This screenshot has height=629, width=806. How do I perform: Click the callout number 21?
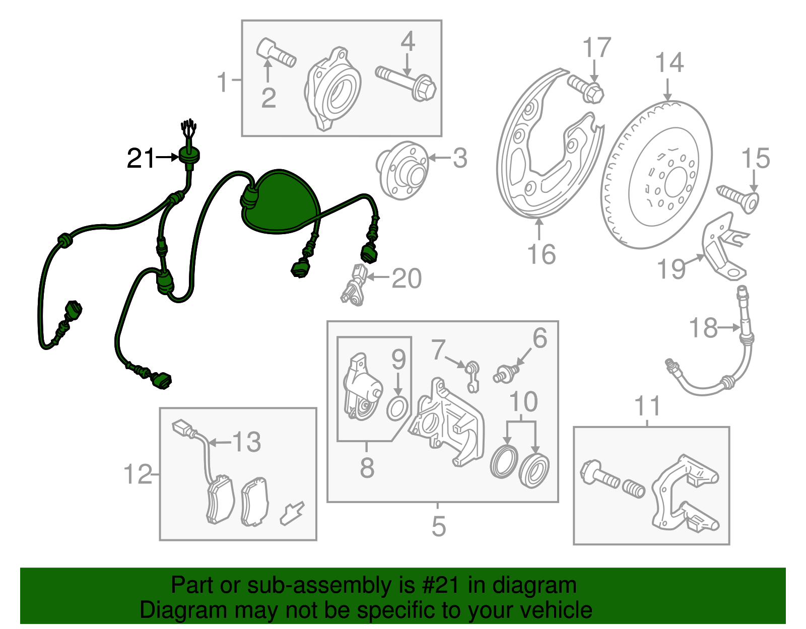coord(140,159)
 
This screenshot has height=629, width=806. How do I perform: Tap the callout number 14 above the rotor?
coord(669,62)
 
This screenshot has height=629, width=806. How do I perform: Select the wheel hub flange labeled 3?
coord(402,171)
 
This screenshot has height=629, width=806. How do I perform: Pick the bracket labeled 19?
coord(725,246)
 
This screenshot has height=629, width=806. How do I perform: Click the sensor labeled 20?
coord(354,285)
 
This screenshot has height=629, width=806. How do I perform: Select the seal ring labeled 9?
coord(397,408)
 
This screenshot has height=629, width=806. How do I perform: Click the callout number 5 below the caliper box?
coord(438,526)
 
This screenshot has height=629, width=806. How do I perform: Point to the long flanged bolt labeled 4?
coord(406,83)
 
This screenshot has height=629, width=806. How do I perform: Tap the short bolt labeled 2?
coord(277,53)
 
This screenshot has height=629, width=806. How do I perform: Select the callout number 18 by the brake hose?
coord(703,328)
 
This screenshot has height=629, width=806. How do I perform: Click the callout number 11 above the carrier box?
coord(648,406)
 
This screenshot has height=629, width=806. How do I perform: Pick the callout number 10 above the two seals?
coord(523,401)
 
